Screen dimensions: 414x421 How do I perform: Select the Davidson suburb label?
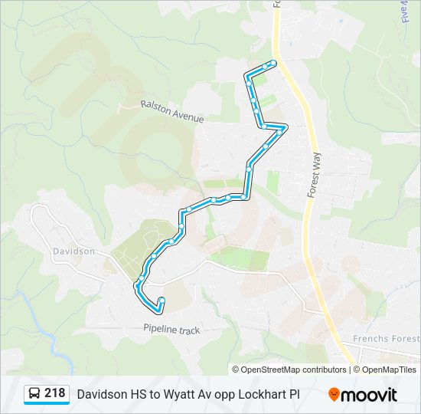click(x=73, y=251)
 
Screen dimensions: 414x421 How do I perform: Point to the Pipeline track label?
click(x=171, y=330)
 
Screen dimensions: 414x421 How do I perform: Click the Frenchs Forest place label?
click(x=386, y=339)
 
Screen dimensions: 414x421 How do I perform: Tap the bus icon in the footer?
click(x=34, y=394)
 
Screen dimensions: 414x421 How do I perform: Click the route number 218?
click(x=54, y=393)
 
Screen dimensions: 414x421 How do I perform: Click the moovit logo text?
click(x=370, y=394)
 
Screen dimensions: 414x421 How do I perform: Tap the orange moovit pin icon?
click(x=334, y=394)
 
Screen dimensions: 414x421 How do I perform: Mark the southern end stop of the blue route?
click(x=162, y=300)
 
